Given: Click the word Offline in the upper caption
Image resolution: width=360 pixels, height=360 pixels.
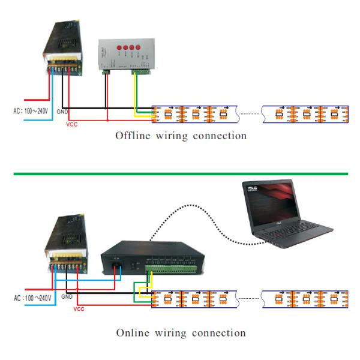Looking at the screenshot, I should (x=131, y=136).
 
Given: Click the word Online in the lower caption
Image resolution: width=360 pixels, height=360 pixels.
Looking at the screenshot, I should (x=130, y=332).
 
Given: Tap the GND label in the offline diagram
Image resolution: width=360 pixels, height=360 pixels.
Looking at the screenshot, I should (x=63, y=112).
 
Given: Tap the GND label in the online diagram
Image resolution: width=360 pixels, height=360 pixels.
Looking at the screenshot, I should (x=67, y=296).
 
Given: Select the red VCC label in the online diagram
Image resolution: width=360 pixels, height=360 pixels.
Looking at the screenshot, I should (x=79, y=309).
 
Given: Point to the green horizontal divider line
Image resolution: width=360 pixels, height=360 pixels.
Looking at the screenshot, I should (x=180, y=174).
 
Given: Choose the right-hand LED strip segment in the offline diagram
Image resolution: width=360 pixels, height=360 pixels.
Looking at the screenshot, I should (x=304, y=114).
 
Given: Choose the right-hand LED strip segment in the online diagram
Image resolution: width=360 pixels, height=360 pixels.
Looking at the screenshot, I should (x=304, y=298).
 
